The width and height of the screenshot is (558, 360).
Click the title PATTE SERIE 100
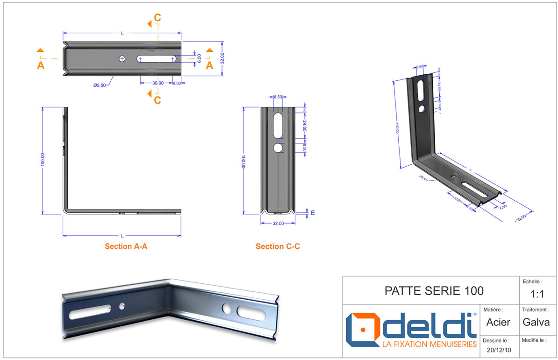click(434, 291)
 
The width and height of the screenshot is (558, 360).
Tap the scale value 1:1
click(537, 295)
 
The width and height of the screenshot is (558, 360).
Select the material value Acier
click(498, 322)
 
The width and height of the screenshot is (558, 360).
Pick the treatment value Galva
click(537, 322)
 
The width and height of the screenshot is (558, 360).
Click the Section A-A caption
click(126, 246)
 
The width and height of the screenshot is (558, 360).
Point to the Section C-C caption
click(278, 246)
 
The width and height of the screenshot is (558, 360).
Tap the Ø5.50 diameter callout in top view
click(100, 85)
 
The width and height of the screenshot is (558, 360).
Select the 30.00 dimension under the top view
click(157, 83)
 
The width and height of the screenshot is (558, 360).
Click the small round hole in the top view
click(122, 58)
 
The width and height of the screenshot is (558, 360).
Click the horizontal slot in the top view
click(157, 58)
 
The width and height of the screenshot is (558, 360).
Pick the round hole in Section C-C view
click(278, 148)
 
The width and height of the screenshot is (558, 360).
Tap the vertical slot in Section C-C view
click(278, 125)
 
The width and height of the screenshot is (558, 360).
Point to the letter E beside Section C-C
click(313, 213)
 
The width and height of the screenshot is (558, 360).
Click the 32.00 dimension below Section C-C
click(278, 223)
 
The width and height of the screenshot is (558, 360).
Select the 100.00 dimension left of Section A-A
click(43, 160)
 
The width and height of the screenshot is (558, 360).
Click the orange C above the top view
click(157, 18)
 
